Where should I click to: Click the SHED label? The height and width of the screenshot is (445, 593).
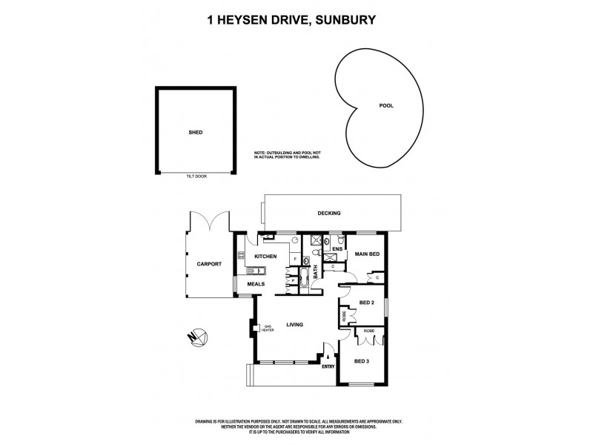196,132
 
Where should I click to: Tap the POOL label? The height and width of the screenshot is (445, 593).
386,106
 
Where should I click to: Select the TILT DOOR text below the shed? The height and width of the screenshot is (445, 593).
196,177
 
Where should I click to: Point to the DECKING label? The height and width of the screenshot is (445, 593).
328,214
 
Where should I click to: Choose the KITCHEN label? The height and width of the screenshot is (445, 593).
265,257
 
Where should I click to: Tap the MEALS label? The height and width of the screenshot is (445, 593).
256,283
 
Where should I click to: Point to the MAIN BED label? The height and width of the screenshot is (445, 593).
367,255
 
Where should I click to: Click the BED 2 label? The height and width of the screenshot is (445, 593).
365,302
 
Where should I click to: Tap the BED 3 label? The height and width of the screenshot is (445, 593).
361,361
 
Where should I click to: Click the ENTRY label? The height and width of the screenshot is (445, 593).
328,365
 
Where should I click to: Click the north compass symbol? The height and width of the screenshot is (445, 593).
196,337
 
